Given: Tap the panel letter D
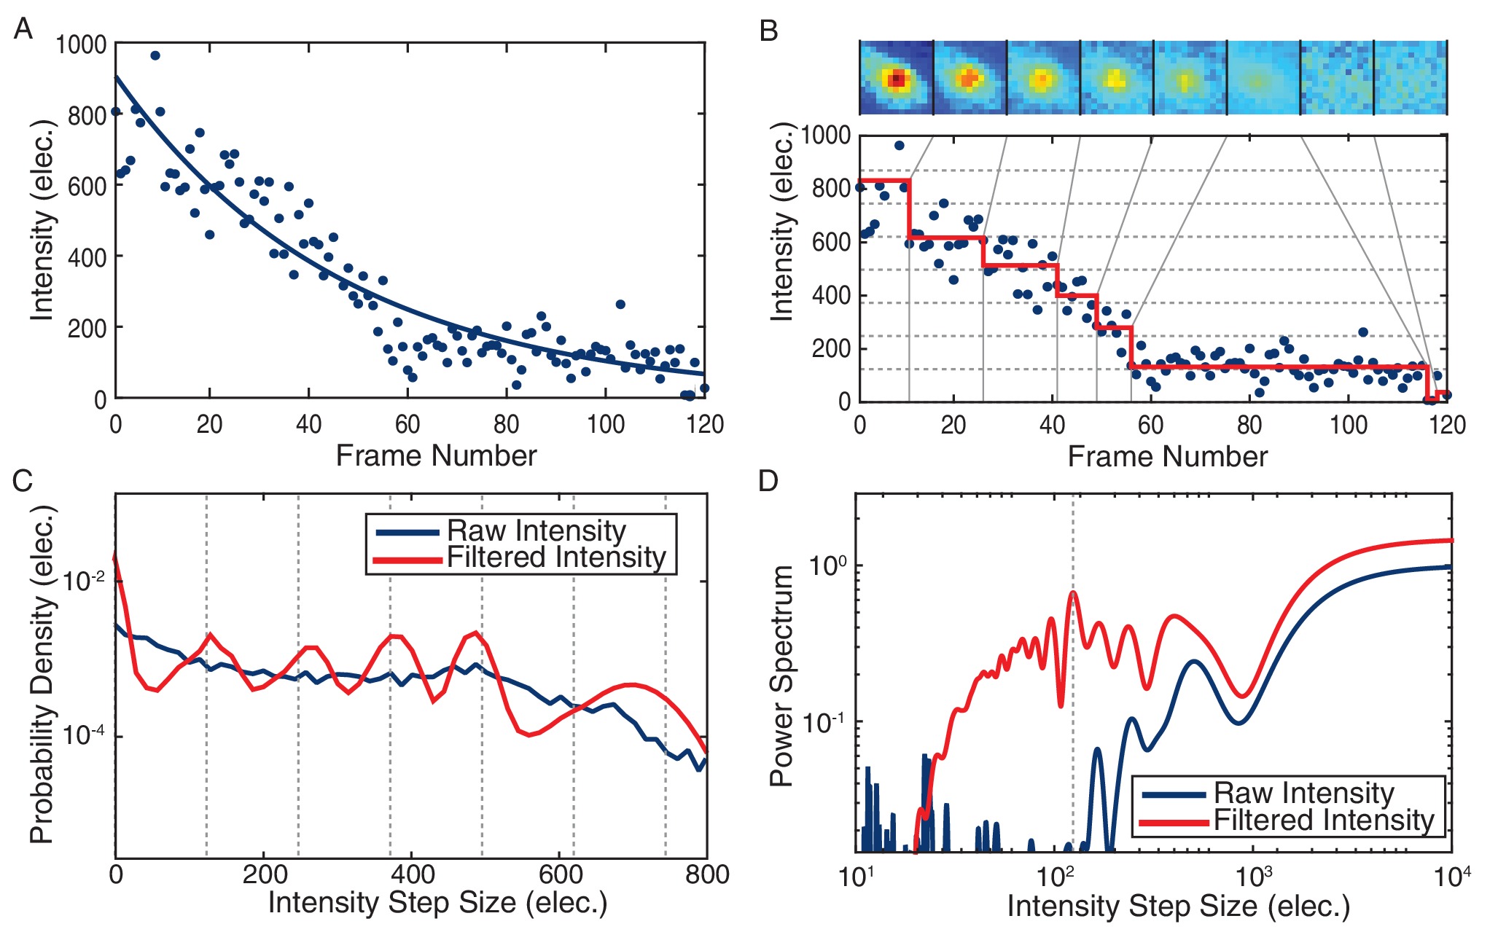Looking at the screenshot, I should tap(769, 481).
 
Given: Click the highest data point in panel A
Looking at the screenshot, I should tap(155, 55).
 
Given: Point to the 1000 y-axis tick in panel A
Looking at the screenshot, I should tap(81, 44).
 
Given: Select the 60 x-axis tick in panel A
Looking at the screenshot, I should tap(407, 424).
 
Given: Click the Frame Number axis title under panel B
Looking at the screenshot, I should tap(1167, 456).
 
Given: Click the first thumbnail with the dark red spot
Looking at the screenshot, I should tap(897, 78).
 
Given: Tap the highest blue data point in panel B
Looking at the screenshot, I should tap(899, 145).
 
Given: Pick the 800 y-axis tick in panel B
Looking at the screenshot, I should tap(831, 188).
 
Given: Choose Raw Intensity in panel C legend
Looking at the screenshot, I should tap(536, 530).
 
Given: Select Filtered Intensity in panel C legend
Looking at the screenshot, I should tap(556, 557).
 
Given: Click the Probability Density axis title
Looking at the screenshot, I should tap(42, 674).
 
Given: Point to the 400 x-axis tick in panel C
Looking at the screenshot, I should tap(412, 874).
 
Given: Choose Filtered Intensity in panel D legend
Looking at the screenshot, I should tap(1323, 821).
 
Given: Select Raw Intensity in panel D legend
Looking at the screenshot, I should tap(1304, 793).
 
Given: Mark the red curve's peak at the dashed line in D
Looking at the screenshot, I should tap(1073, 592).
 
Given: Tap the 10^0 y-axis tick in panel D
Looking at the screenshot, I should tap(828, 565).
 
